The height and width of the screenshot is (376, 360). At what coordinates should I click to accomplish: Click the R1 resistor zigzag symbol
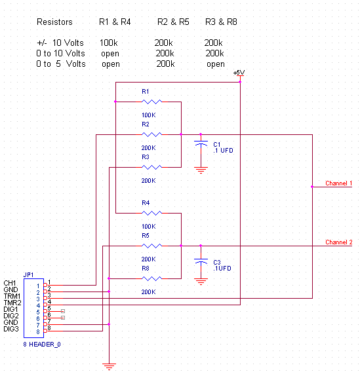[151, 102]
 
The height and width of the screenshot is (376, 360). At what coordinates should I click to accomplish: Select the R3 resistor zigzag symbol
[151, 167]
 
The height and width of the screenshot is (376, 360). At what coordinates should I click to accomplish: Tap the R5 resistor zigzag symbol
[151, 246]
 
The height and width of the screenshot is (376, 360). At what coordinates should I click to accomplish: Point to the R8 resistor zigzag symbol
[151, 278]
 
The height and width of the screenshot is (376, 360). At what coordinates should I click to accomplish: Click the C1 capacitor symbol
[201, 144]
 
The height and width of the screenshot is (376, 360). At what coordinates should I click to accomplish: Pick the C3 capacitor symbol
[201, 261]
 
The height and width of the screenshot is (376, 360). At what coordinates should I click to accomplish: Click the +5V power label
[239, 73]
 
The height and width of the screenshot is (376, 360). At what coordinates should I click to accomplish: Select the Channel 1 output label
[338, 183]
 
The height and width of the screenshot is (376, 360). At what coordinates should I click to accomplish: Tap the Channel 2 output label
[338, 242]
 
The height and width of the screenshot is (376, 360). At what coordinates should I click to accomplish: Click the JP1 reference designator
[28, 275]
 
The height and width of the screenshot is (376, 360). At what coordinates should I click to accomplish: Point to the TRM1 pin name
[12, 296]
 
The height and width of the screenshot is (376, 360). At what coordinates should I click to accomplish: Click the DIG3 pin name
[11, 329]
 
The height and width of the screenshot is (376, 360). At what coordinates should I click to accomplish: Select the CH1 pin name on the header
[10, 283]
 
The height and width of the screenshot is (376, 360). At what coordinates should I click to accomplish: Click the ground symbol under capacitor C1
[201, 170]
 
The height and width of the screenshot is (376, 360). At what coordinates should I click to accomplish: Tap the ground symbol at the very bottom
[110, 367]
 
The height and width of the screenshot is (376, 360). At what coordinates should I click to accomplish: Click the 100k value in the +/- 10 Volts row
[109, 43]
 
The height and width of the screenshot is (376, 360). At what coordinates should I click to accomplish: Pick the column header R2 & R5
[173, 22]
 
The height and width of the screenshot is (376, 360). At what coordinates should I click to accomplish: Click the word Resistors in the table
[54, 22]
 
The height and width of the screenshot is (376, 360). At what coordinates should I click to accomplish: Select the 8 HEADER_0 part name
[42, 345]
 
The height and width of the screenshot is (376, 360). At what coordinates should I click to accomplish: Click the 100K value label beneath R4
[149, 227]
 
